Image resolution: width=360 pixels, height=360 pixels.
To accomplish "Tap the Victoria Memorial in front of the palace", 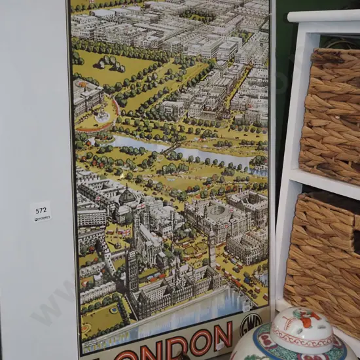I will pyautogui.click(x=103, y=117).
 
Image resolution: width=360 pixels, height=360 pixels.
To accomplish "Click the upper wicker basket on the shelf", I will pyautogui.click(x=331, y=118).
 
